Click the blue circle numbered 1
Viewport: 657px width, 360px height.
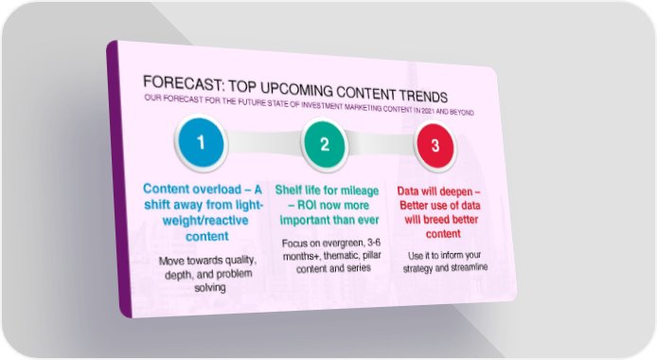(x=201, y=142)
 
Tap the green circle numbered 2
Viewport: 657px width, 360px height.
(x=325, y=144)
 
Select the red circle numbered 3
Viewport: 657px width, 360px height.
(x=435, y=146)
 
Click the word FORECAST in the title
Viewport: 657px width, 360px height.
(x=183, y=83)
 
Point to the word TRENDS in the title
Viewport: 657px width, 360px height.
(x=423, y=96)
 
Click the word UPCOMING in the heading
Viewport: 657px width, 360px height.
(x=296, y=89)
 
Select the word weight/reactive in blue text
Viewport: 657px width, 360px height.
(x=205, y=221)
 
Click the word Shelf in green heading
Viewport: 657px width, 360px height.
(x=288, y=189)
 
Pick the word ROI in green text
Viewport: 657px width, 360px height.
(x=310, y=206)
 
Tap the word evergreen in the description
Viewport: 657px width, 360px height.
(x=343, y=243)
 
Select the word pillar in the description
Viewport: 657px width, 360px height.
(x=372, y=255)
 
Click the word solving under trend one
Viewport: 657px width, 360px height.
(x=210, y=287)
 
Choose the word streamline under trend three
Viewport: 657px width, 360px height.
(x=468, y=267)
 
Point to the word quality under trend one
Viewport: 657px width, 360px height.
(x=240, y=261)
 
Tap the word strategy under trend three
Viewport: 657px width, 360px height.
(x=418, y=268)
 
